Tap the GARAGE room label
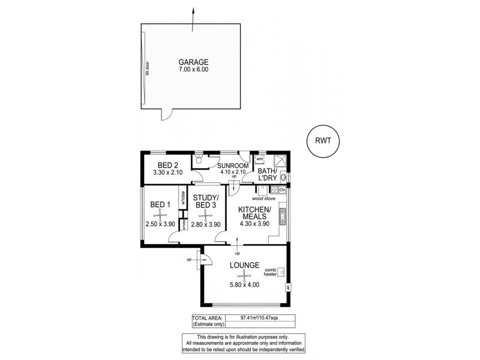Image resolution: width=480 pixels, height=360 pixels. (x=193, y=62)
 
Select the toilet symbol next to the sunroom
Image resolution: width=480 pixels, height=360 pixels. (x=199, y=161)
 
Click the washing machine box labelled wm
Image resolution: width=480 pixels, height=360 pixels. (x=260, y=160)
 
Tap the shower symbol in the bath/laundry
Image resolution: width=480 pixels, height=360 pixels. (x=278, y=160)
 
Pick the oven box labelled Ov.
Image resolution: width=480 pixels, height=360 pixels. (x=281, y=190)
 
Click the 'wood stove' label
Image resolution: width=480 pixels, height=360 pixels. (x=263, y=197)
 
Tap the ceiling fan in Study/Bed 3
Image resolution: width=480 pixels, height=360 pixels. (x=206, y=213)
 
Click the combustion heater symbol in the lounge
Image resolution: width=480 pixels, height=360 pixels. (x=281, y=272)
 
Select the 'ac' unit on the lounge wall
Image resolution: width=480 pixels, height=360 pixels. (x=288, y=287)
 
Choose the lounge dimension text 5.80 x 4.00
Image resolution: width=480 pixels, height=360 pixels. (x=244, y=285)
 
